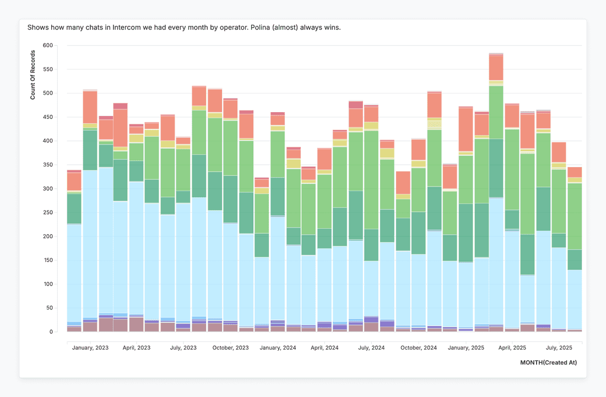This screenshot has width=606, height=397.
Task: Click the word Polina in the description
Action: click(x=251, y=27)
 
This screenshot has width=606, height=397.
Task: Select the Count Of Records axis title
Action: click(x=33, y=74)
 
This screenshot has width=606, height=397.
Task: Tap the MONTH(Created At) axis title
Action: click(x=548, y=362)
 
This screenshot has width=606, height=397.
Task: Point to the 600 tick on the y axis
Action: click(x=49, y=46)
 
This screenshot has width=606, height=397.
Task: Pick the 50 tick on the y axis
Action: click(x=51, y=308)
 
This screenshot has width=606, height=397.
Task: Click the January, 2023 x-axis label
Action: click(x=90, y=348)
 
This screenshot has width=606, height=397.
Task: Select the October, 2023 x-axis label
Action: click(x=230, y=348)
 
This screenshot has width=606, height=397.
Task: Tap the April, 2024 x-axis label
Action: click(x=324, y=348)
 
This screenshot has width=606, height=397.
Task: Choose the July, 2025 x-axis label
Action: click(x=559, y=348)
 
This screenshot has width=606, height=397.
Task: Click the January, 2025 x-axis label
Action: click(x=466, y=348)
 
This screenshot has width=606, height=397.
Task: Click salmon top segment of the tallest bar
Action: click(x=496, y=67)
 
